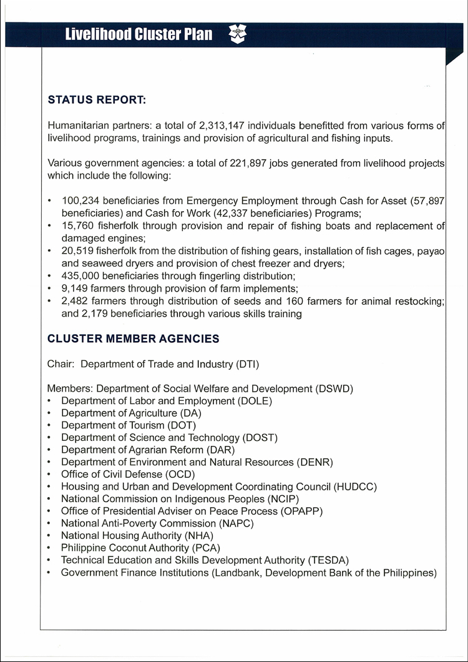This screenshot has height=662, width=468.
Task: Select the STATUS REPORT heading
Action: (x=97, y=99)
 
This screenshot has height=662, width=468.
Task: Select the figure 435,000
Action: (x=80, y=276)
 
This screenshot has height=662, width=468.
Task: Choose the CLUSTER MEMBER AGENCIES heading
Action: (x=134, y=339)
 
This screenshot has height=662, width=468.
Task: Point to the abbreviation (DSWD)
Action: (x=333, y=389)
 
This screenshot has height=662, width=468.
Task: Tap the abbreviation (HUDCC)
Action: (x=355, y=487)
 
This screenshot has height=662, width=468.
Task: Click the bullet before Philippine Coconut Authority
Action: (x=50, y=548)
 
